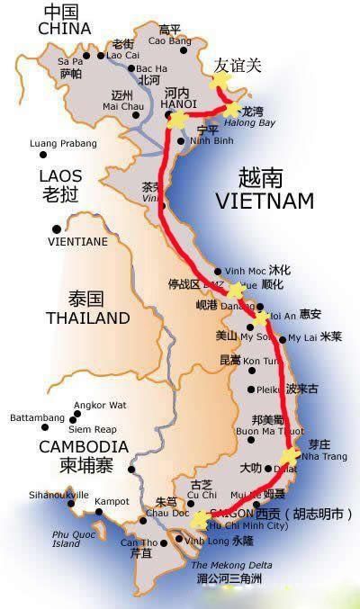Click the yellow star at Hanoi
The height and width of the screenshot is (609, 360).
pos(177,119)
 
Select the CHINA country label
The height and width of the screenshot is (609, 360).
pos(66,29)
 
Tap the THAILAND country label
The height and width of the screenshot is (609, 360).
pos(88,318)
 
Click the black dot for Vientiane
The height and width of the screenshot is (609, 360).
pos(56,228)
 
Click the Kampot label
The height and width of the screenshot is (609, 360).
pos(112,500)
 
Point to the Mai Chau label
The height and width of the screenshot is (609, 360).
pos(123,106)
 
